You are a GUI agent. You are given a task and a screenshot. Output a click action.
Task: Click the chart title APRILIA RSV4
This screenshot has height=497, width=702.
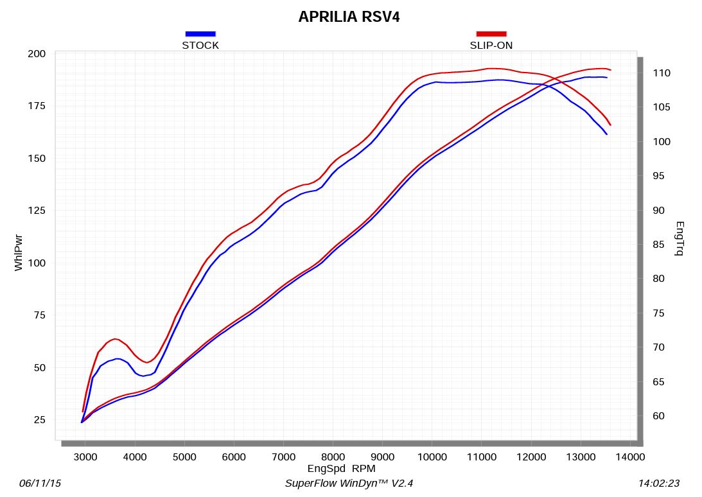(349, 17)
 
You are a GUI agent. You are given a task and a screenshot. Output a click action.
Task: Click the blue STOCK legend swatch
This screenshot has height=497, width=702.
(200, 33)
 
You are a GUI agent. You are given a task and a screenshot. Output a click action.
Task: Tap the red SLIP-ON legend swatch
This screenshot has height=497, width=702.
(491, 33)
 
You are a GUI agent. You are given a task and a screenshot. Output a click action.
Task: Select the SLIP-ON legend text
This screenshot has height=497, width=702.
(491, 45)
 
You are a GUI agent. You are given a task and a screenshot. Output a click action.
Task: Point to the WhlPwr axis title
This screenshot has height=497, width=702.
(19, 252)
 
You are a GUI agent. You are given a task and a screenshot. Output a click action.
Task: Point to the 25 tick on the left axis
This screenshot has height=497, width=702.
(39, 420)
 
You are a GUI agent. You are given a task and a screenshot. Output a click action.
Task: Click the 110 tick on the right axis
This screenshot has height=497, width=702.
(662, 73)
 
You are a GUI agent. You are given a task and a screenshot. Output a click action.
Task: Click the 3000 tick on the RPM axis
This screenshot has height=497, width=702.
(85, 457)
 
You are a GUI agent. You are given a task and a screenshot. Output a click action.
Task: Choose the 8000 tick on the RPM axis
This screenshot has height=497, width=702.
(333, 457)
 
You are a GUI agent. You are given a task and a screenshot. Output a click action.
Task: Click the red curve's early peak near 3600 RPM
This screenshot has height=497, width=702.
(115, 338)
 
